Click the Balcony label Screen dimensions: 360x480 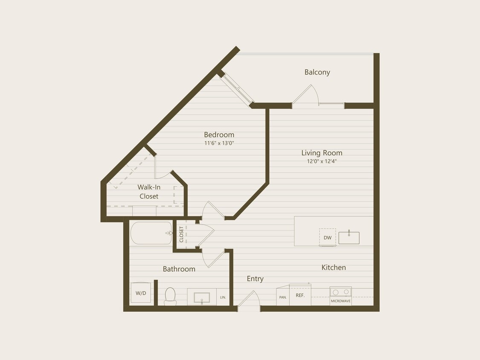click(317, 72)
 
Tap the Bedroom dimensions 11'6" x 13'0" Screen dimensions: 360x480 click(219, 143)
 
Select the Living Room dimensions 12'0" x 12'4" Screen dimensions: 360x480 click(322, 161)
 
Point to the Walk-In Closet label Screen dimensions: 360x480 click(148, 192)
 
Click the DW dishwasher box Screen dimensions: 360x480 click(327, 238)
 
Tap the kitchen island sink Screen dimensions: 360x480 click(349, 238)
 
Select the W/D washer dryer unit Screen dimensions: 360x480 click(140, 293)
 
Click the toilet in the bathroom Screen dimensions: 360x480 click(170, 296)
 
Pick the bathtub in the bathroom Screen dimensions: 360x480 click(151, 233)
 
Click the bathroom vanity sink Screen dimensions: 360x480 click(202, 297)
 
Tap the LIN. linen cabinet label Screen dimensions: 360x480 click(223, 297)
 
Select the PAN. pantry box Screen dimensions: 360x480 click(282, 297)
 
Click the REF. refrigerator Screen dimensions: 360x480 click(300, 295)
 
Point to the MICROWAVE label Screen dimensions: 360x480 click(340, 301)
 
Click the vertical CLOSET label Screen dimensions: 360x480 click(181, 234)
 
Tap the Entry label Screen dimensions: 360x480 click(255, 279)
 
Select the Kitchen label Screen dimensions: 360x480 click(333, 267)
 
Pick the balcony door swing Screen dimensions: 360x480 click(305, 95)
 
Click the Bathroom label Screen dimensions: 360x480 click(179, 269)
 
